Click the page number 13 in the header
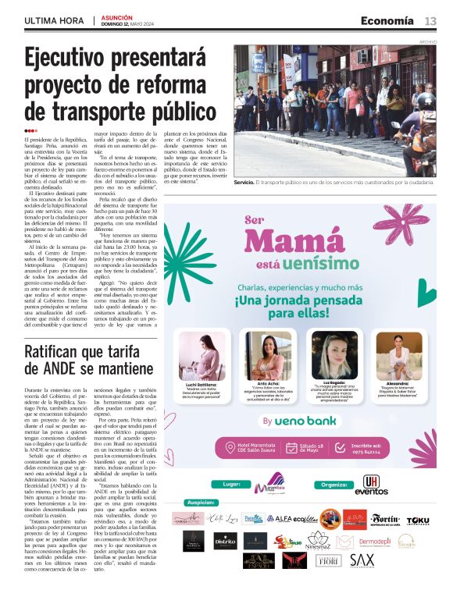(430, 21)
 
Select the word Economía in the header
(387, 21)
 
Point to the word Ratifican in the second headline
(63, 354)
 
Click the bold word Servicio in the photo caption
(244, 182)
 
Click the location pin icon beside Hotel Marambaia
(230, 447)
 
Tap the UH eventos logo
(371, 485)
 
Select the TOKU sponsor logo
(418, 520)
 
